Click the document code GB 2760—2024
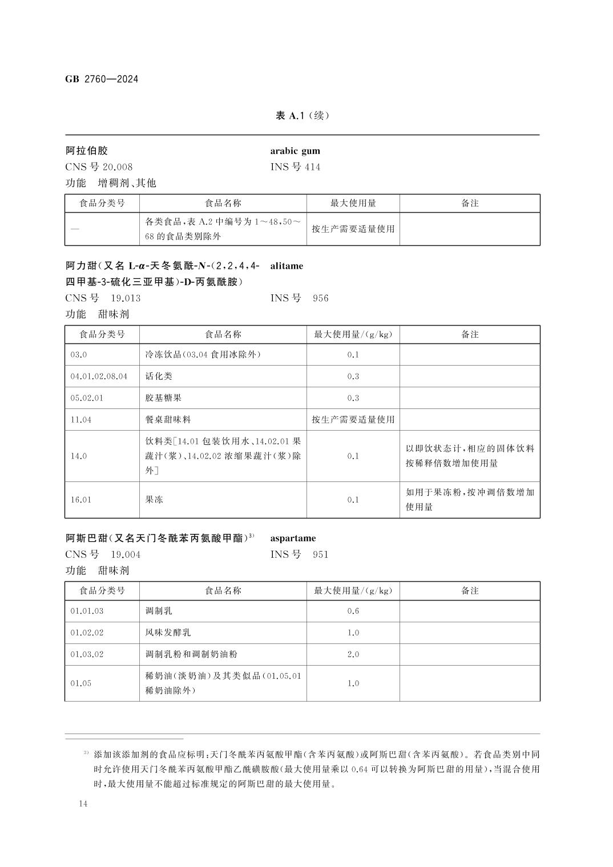click(x=102, y=79)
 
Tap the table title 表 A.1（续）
click(x=302, y=116)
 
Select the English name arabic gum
click(x=295, y=151)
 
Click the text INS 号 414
click(x=295, y=167)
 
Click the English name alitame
click(x=287, y=266)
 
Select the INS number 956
click(x=321, y=298)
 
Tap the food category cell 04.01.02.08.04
click(x=99, y=376)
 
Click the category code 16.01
click(x=81, y=500)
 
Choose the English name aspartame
click(x=293, y=538)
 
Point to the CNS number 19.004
click(x=126, y=554)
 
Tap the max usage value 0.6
click(x=353, y=611)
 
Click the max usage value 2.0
click(x=353, y=654)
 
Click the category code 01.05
click(x=80, y=683)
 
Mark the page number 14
click(x=83, y=804)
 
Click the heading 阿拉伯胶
click(x=87, y=151)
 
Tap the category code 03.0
click(x=79, y=355)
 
